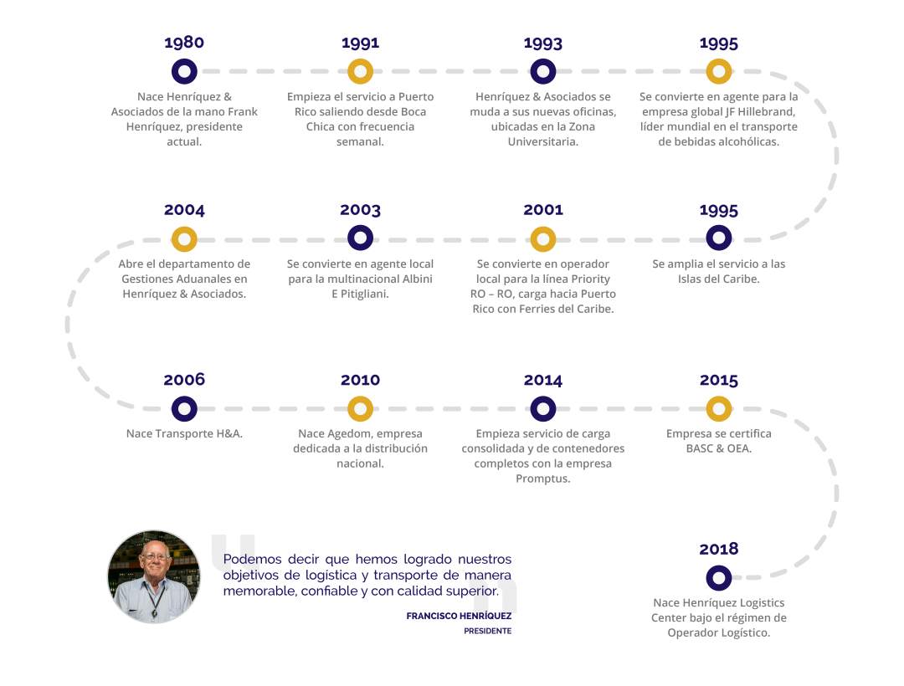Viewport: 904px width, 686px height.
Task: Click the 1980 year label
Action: [184, 43]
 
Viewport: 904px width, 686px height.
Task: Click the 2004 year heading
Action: [184, 210]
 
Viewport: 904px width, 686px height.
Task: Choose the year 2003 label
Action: [360, 210]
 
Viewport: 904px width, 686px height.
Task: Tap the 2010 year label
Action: [360, 380]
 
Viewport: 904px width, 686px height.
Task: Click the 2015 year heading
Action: [719, 380]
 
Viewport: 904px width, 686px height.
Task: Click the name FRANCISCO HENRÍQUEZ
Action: [459, 616]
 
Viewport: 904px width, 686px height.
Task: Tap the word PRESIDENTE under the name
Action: [488, 631]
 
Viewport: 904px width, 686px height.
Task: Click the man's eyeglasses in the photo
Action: [155, 555]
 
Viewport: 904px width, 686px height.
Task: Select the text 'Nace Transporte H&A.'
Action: [184, 433]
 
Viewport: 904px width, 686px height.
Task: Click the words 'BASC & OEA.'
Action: [719, 448]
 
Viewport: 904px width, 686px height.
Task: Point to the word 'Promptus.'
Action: [543, 479]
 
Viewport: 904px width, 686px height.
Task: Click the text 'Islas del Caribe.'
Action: [719, 279]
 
